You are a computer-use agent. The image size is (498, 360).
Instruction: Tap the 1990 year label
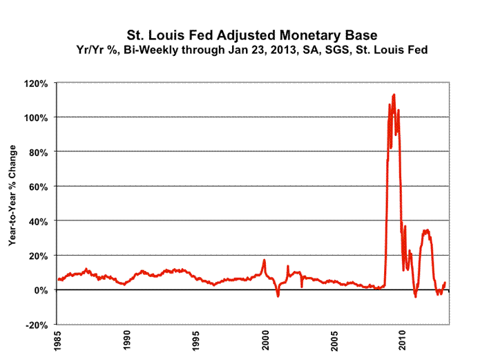pos(126,341)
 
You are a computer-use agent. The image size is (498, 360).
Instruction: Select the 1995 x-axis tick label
pos(197,341)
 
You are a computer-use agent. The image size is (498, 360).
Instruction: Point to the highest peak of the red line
pos(394,95)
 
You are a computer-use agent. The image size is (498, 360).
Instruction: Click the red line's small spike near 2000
pos(264,260)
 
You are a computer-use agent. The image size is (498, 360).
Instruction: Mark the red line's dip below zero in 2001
pos(278,296)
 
